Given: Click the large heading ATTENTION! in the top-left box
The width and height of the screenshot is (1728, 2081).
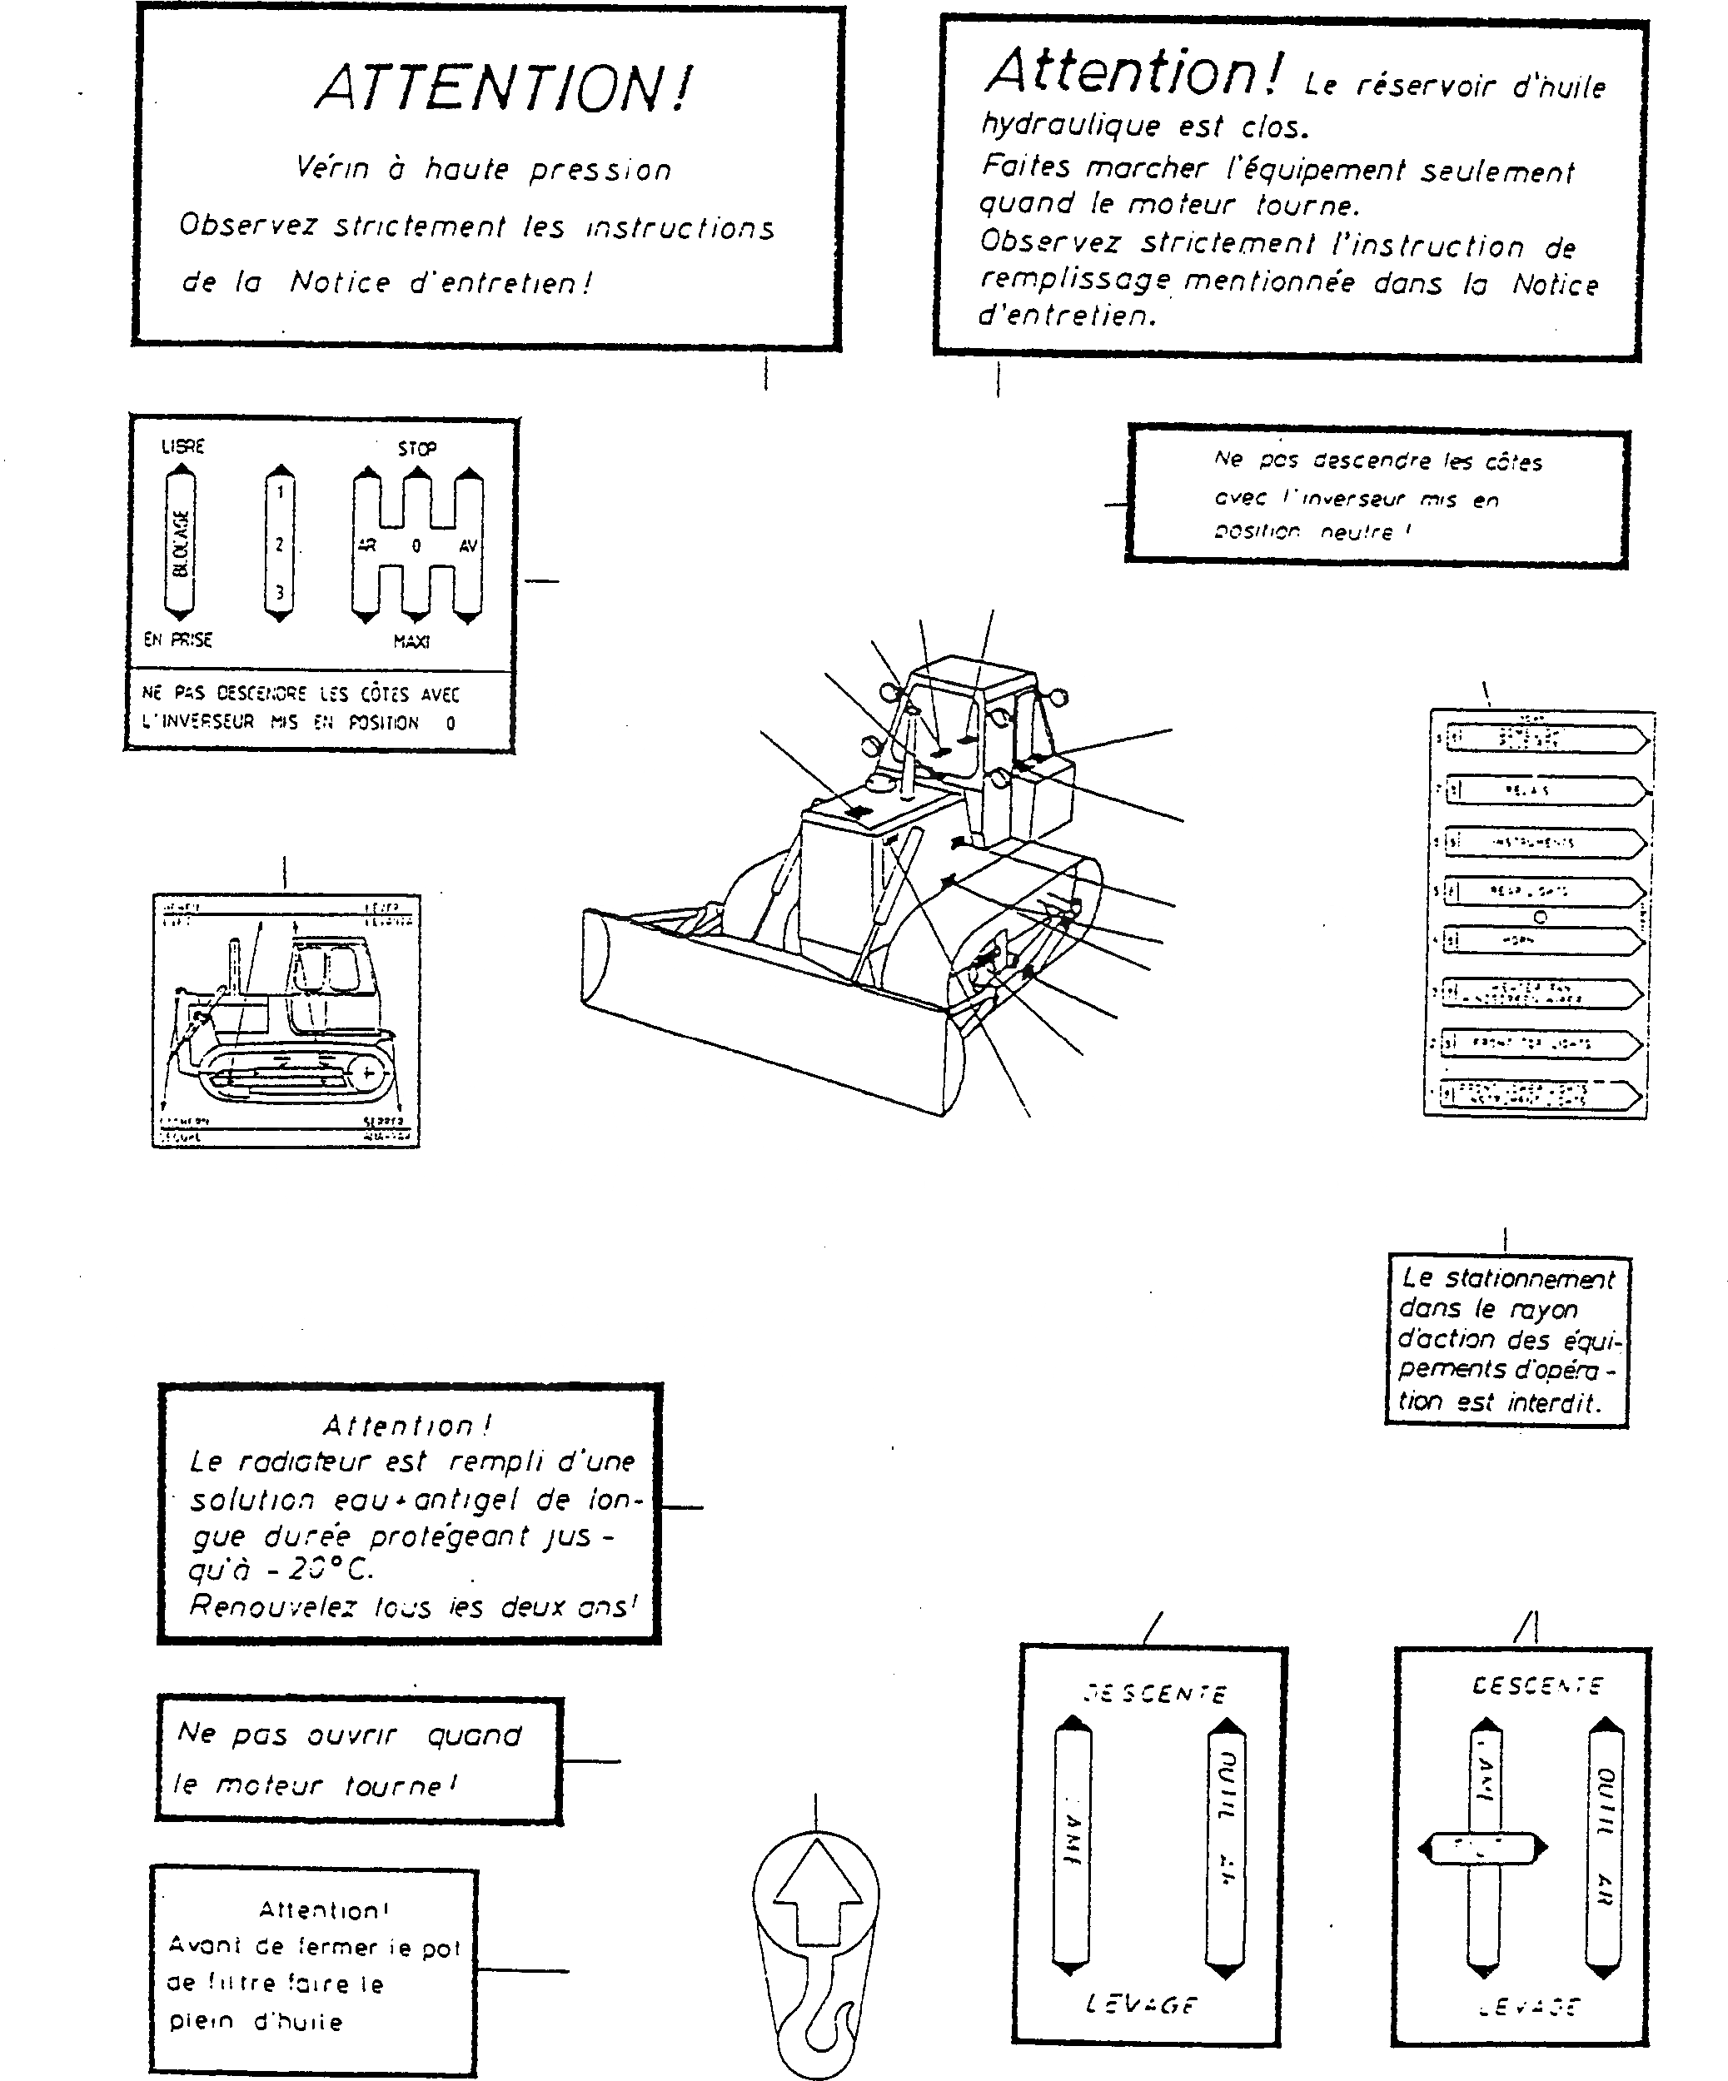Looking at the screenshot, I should click(503, 89).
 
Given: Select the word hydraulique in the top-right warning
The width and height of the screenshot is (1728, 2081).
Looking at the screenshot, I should click(1070, 126).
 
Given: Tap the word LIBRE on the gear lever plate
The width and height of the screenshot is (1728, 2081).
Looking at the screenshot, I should click(183, 447).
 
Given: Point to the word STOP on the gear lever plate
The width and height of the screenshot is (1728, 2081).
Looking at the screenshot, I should click(416, 449).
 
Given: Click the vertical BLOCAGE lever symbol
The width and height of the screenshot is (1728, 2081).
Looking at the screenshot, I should click(179, 543).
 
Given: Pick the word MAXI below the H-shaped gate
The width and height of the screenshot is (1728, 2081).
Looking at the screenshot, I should click(411, 642).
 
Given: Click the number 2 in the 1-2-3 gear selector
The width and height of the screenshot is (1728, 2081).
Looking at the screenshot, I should click(281, 544).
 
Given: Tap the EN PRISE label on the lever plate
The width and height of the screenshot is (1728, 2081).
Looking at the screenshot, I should click(178, 640).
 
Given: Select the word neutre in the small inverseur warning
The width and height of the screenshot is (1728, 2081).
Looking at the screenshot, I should click(1357, 532).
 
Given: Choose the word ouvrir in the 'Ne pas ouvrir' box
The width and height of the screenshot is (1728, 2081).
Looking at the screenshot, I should click(351, 1735).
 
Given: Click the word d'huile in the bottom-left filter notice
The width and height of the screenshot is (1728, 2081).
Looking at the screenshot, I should click(297, 2022).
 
